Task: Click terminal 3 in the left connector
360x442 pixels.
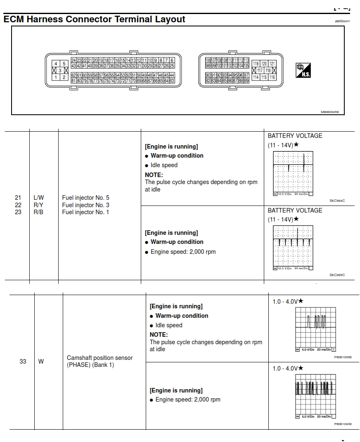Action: [x=60, y=71]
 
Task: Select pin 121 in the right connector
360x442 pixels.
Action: [x=272, y=64]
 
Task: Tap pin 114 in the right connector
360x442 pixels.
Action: [x=256, y=77]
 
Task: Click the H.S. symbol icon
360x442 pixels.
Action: [x=303, y=71]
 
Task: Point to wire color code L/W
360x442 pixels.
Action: [x=38, y=198]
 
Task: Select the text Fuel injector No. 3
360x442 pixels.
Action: [x=85, y=205]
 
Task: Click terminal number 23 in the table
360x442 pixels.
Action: [x=18, y=212]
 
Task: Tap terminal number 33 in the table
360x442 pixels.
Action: [x=23, y=362]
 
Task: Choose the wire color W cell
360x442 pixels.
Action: [x=41, y=362]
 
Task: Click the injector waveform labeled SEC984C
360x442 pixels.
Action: [x=293, y=174]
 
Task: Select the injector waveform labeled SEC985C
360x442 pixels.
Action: [x=293, y=248]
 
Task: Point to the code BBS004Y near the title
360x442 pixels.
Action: [x=342, y=21]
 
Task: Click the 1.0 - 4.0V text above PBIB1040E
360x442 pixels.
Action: [x=285, y=368]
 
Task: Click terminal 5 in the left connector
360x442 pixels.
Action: [x=64, y=64]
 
